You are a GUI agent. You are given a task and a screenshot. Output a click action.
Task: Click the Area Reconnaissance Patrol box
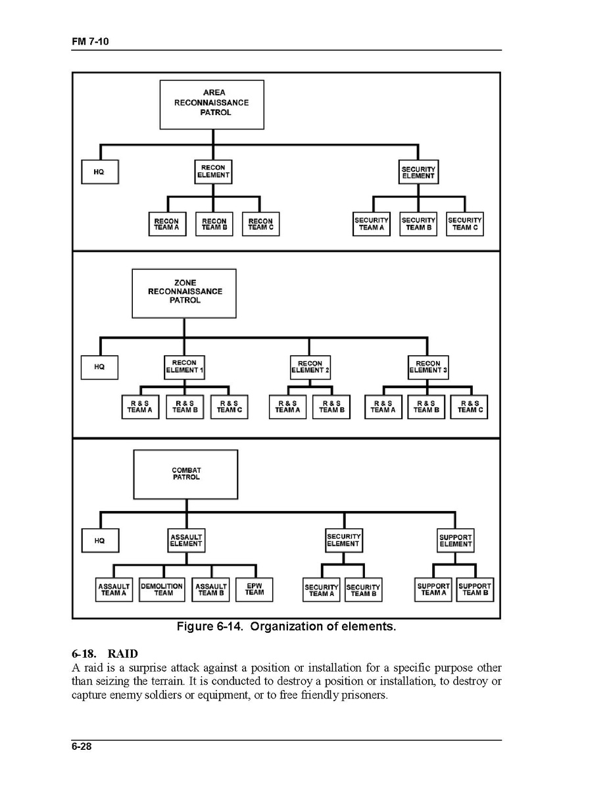pyautogui.click(x=212, y=104)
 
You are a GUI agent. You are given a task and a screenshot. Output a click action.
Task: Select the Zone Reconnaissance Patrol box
pyautogui.click(x=184, y=293)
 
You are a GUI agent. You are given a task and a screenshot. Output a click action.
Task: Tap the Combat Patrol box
pyautogui.click(x=186, y=474)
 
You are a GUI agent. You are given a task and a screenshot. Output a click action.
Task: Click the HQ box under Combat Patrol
pyautogui.click(x=100, y=541)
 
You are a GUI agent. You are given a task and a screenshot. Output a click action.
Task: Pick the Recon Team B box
pyautogui.click(x=214, y=224)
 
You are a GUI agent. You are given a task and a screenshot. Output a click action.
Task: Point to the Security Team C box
pyautogui.click(x=465, y=224)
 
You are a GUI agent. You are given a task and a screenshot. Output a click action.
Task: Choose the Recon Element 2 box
pyautogui.click(x=310, y=367)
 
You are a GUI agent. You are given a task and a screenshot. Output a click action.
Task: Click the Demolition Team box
pyautogui.click(x=162, y=589)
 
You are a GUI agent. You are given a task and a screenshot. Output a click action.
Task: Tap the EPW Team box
pyautogui.click(x=254, y=589)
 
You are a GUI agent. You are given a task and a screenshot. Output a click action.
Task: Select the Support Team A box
pyautogui.click(x=433, y=589)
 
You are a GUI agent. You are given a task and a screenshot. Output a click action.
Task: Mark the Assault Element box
pyautogui.click(x=186, y=541)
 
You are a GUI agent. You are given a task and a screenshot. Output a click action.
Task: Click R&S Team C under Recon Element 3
pyautogui.click(x=469, y=407)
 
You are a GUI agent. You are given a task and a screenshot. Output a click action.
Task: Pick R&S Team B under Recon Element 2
pyautogui.click(x=331, y=407)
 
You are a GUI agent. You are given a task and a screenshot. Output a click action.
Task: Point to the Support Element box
pyautogui.click(x=456, y=541)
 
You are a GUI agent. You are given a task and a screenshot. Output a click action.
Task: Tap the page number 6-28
pyautogui.click(x=82, y=747)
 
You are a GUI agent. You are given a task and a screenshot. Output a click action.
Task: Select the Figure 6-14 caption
pyautogui.click(x=286, y=626)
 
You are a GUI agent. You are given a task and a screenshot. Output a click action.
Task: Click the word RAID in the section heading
pyautogui.click(x=123, y=654)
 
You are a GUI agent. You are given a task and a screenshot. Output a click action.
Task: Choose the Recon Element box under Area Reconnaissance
pyautogui.click(x=214, y=172)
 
